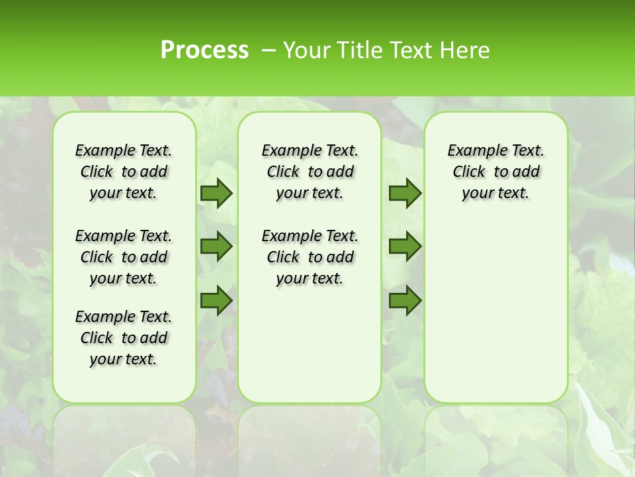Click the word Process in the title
pyautogui.click(x=204, y=50)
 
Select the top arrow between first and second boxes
pyautogui.click(x=216, y=193)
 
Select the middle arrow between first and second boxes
pyautogui.click(x=216, y=246)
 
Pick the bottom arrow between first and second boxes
pyautogui.click(x=216, y=301)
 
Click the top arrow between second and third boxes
pyautogui.click(x=405, y=193)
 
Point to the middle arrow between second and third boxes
pyautogui.click(x=405, y=246)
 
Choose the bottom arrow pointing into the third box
pyautogui.click(x=405, y=301)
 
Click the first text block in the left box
pyautogui.click(x=124, y=172)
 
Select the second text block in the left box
pyautogui.click(x=124, y=257)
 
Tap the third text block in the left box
pyautogui.click(x=124, y=338)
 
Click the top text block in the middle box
pyautogui.click(x=310, y=172)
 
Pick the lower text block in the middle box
pyautogui.click(x=310, y=257)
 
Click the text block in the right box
pyautogui.click(x=495, y=172)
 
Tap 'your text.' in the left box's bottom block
pyautogui.click(x=123, y=359)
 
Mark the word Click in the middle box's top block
pyautogui.click(x=283, y=172)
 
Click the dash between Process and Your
pyautogui.click(x=268, y=50)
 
